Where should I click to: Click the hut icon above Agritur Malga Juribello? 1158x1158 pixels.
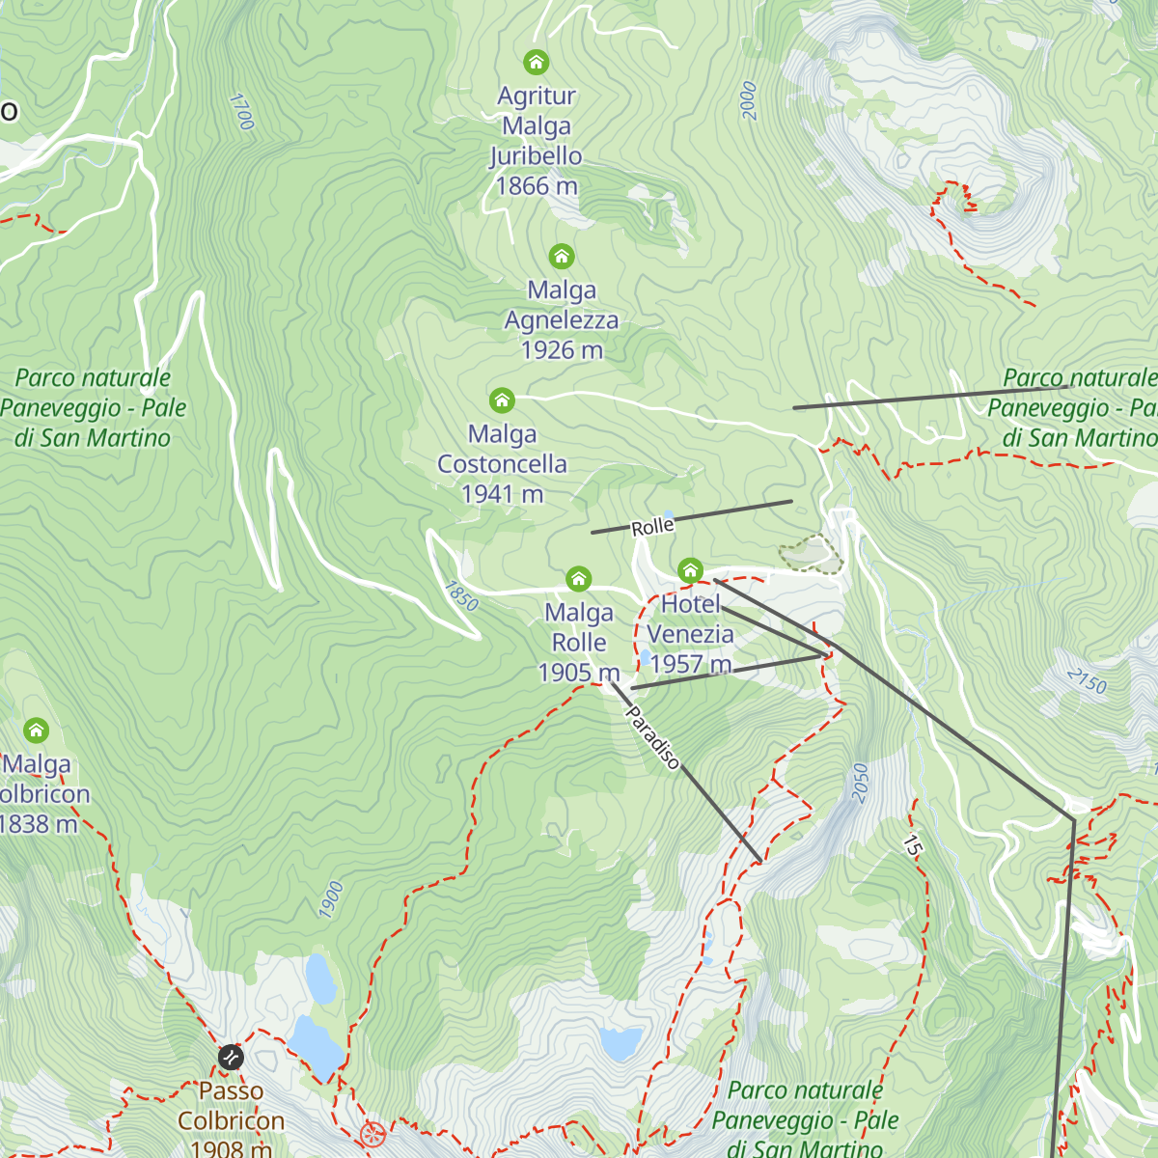click(536, 63)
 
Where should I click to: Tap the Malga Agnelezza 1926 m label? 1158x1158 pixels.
click(562, 319)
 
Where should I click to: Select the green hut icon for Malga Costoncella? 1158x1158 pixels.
click(501, 400)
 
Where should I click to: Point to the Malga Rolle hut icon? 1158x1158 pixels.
click(578, 579)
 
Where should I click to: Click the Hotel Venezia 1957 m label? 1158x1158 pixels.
click(691, 634)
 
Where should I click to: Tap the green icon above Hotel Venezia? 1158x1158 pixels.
click(689, 570)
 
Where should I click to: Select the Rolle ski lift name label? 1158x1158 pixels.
click(652, 526)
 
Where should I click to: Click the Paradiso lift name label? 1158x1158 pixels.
click(653, 738)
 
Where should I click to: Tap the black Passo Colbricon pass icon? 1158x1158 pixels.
click(231, 1057)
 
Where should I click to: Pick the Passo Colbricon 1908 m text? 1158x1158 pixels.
click(232, 1120)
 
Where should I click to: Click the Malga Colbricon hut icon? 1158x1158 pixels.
click(36, 730)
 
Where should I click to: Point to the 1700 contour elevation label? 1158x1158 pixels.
click(241, 111)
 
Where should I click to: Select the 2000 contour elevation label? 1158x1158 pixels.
click(749, 100)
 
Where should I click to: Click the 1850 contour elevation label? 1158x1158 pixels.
click(461, 595)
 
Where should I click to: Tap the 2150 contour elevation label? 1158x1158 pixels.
click(1088, 681)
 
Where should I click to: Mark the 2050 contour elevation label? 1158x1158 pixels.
click(860, 782)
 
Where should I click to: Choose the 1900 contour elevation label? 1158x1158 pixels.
click(331, 899)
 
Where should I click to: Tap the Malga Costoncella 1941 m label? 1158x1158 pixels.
click(502, 464)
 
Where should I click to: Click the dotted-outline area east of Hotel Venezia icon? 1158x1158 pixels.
click(812, 554)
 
